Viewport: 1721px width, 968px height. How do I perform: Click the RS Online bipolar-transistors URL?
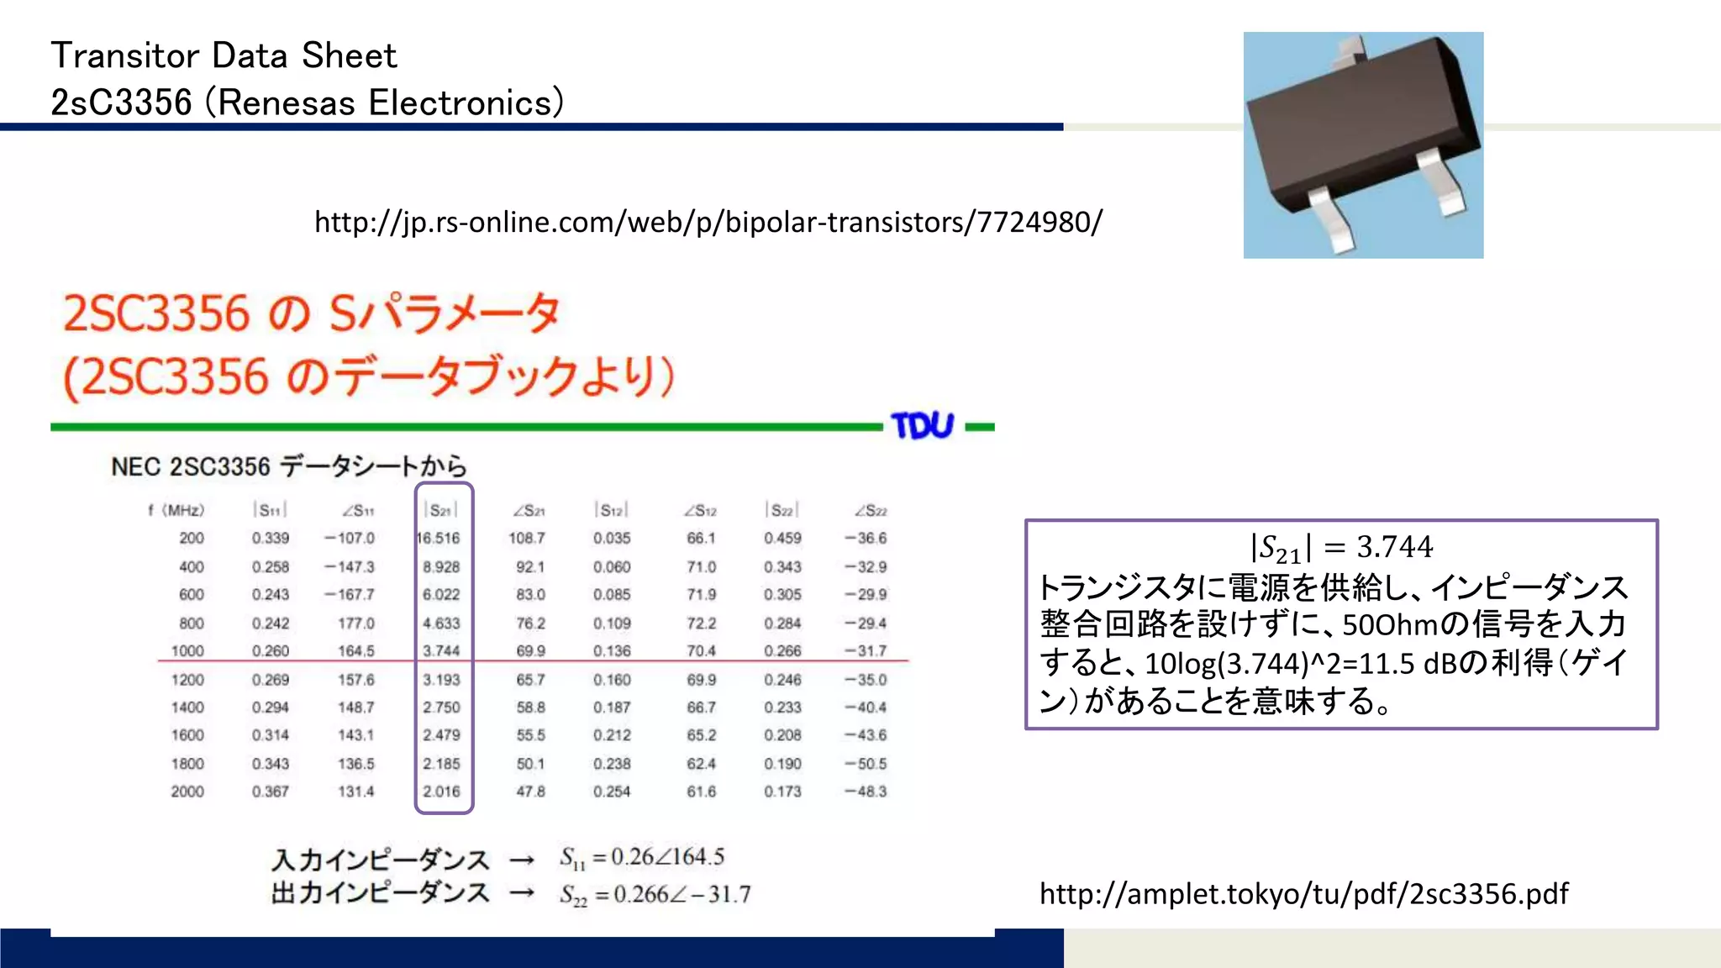tap(708, 222)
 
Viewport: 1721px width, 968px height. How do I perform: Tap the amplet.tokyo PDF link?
tap(1303, 893)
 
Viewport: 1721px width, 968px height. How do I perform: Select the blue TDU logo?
tap(923, 426)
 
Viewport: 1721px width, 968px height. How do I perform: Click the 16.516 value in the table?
tap(439, 538)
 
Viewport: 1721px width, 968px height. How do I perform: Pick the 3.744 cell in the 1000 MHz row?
tap(441, 650)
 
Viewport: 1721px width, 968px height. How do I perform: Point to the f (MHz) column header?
tap(176, 510)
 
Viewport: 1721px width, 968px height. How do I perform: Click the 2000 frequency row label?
tap(187, 792)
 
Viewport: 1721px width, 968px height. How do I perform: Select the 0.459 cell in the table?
tap(782, 538)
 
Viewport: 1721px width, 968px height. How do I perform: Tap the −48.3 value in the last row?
tap(866, 792)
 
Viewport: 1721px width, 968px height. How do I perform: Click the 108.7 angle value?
tap(527, 538)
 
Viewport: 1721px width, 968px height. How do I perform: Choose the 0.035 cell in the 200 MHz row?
tap(612, 538)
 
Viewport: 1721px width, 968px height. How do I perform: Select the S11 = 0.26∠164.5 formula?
tap(642, 857)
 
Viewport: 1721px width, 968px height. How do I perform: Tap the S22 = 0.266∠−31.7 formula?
tap(655, 894)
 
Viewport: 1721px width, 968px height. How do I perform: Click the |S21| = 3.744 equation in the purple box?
tap(1341, 548)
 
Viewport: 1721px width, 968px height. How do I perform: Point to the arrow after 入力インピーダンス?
tap(522, 860)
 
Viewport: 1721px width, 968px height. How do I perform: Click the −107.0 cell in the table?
tap(350, 538)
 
